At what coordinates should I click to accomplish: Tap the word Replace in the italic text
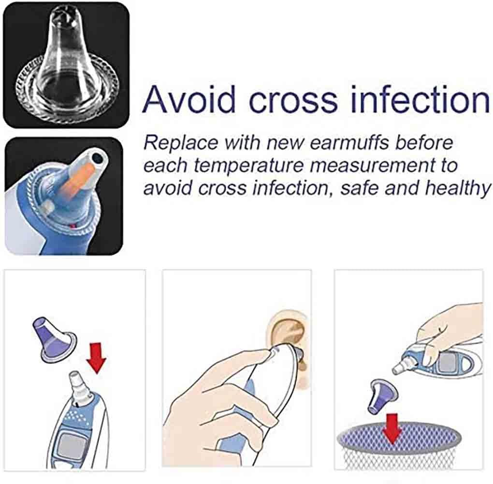click(181, 143)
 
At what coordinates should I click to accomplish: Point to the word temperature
click(249, 166)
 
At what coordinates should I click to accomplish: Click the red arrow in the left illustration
click(96, 358)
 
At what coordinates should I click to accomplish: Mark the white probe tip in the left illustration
click(79, 385)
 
